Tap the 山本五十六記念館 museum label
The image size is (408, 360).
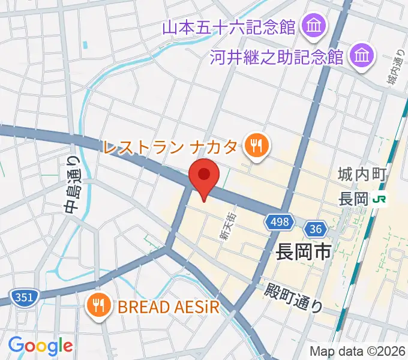pos(229,27)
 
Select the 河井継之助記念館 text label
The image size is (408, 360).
pos(277,58)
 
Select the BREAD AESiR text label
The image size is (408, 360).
pos(169,307)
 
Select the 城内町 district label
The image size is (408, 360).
pos(359,175)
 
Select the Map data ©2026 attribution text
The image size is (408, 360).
pos(356,351)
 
